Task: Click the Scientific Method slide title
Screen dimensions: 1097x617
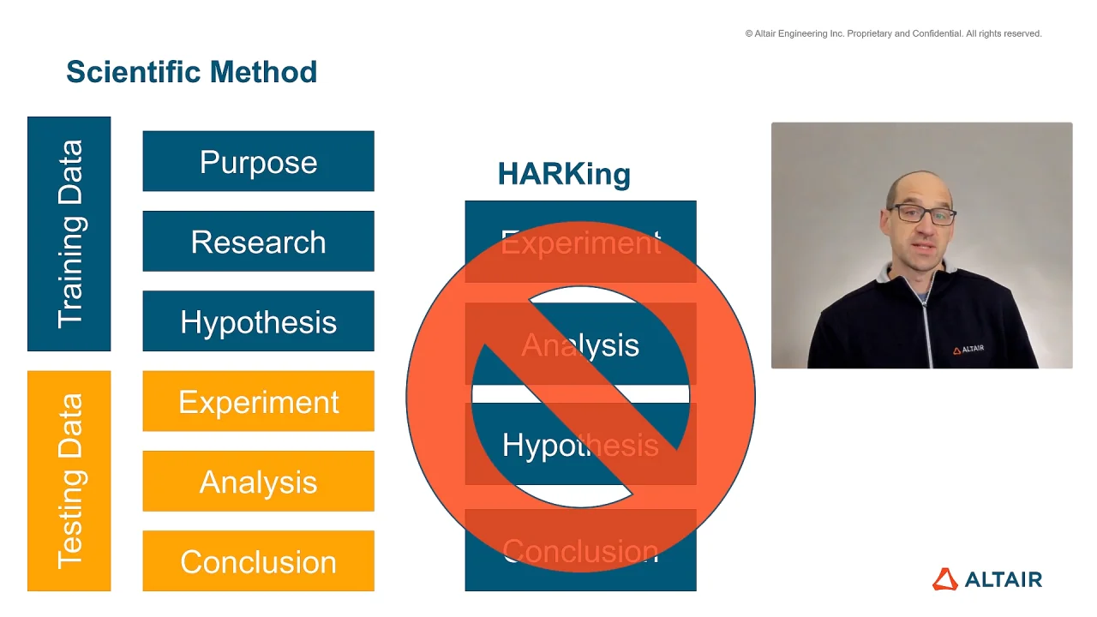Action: click(191, 72)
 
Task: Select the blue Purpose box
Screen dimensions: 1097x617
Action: click(259, 161)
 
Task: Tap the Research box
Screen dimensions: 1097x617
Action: click(259, 242)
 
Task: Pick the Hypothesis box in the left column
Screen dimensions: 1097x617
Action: click(259, 321)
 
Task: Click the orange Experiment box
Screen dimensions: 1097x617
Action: click(259, 402)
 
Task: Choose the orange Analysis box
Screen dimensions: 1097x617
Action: click(259, 482)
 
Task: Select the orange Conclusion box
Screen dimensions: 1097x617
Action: click(259, 561)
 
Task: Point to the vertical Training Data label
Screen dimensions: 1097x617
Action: click(69, 234)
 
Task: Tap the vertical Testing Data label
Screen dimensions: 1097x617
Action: click(69, 481)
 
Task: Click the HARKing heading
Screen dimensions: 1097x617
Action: click(564, 174)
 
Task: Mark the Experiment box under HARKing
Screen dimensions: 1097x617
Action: click(581, 242)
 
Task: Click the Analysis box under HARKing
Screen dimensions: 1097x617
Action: click(581, 344)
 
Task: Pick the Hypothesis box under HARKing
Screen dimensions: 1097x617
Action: click(581, 444)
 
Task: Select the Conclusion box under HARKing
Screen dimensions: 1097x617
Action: click(581, 550)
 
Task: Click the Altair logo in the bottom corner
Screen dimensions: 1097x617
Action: click(987, 579)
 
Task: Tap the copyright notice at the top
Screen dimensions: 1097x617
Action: click(893, 33)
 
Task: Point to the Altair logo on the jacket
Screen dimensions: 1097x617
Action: click(968, 350)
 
